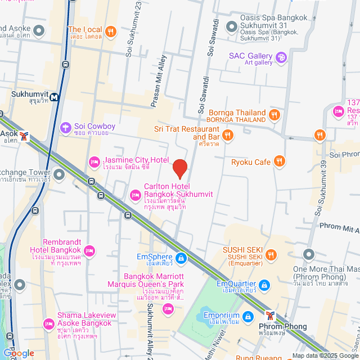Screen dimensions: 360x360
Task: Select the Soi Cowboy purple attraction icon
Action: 66,128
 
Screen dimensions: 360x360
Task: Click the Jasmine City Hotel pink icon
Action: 93,163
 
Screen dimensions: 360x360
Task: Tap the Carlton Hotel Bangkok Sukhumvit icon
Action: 135,195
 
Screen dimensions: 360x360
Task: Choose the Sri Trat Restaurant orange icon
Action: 227,135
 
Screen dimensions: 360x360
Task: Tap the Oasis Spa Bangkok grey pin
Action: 230,26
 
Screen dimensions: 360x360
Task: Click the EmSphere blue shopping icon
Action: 181,258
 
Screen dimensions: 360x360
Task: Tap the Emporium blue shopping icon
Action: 248,316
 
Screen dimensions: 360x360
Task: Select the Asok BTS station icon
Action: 24,136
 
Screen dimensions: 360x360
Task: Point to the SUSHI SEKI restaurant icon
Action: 272,256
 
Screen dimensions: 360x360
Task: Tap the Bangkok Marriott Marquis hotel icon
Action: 168,308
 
